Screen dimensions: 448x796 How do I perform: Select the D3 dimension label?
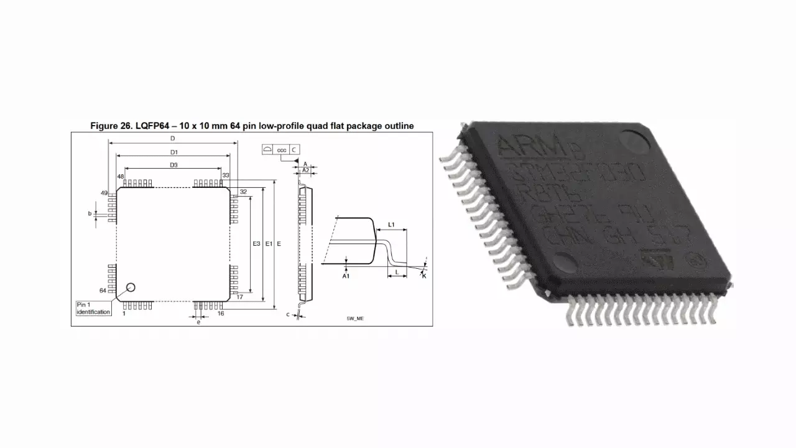coord(174,165)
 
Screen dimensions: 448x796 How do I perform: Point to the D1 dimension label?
coord(174,152)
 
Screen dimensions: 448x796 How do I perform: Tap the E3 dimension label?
coord(256,244)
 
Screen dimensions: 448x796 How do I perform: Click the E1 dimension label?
coord(269,244)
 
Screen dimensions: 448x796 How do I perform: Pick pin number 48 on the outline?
coord(121,177)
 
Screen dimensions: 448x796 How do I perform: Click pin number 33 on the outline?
coord(225,176)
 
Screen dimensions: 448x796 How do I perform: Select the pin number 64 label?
coord(103,291)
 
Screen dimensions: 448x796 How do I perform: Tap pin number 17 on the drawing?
coord(239,297)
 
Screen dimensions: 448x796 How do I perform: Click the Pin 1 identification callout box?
coord(93,308)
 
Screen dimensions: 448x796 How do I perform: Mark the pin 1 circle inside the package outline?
coord(131,287)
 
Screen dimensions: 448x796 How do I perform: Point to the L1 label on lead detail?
coord(391,224)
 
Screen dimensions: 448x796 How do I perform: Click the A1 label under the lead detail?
coord(346,276)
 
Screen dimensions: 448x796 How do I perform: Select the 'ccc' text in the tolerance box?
coord(282,150)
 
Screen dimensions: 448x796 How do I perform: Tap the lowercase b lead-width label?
coord(90,214)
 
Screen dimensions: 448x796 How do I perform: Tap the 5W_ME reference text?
coord(355,319)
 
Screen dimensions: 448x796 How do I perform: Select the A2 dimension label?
coord(305,169)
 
